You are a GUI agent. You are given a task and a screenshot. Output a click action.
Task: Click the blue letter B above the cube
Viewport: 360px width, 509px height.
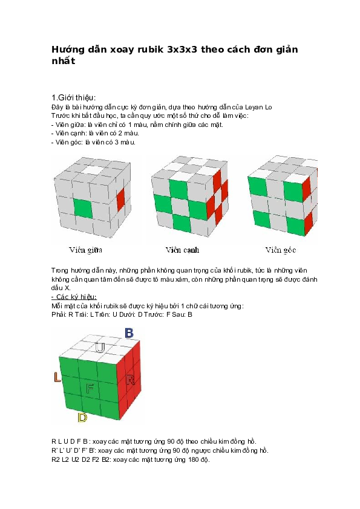[x=129, y=333]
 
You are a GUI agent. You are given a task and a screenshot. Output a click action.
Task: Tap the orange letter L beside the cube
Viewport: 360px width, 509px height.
[x=57, y=377]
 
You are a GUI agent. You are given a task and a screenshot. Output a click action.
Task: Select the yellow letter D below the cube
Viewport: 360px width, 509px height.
[x=82, y=417]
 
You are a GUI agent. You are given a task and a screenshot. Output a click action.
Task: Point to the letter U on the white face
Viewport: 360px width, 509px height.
[x=100, y=348]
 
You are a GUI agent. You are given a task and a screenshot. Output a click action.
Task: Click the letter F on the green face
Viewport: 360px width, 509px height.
[x=90, y=388]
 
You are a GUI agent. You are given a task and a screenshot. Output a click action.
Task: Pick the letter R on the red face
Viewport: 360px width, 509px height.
[x=130, y=380]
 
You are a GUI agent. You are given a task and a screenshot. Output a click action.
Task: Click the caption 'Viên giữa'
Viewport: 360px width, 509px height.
[x=85, y=250]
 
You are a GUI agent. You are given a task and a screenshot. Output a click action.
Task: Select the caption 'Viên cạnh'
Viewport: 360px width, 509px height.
[x=182, y=250]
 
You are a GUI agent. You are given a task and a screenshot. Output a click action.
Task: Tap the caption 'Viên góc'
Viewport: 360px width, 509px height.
[x=280, y=250]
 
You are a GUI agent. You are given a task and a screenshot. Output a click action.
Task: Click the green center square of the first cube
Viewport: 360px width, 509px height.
[x=82, y=208]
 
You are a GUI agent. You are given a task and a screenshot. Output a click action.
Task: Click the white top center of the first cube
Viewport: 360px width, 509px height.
[x=93, y=170]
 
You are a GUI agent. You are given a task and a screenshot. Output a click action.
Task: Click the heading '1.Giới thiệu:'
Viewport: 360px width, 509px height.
[x=74, y=98]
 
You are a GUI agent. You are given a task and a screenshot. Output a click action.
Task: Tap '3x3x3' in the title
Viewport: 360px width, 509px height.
[x=183, y=50]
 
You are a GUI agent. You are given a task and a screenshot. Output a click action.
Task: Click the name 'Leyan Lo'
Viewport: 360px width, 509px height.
[x=258, y=107]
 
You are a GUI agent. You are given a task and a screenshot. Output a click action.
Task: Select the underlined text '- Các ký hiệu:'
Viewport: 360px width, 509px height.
[x=74, y=297]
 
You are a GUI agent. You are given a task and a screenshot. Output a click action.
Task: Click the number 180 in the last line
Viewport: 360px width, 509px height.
[x=191, y=459]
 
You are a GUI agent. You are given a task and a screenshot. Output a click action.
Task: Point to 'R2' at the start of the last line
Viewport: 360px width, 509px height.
[x=56, y=459]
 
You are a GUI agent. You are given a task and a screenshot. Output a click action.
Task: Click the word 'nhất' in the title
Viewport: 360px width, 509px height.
[x=64, y=60]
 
